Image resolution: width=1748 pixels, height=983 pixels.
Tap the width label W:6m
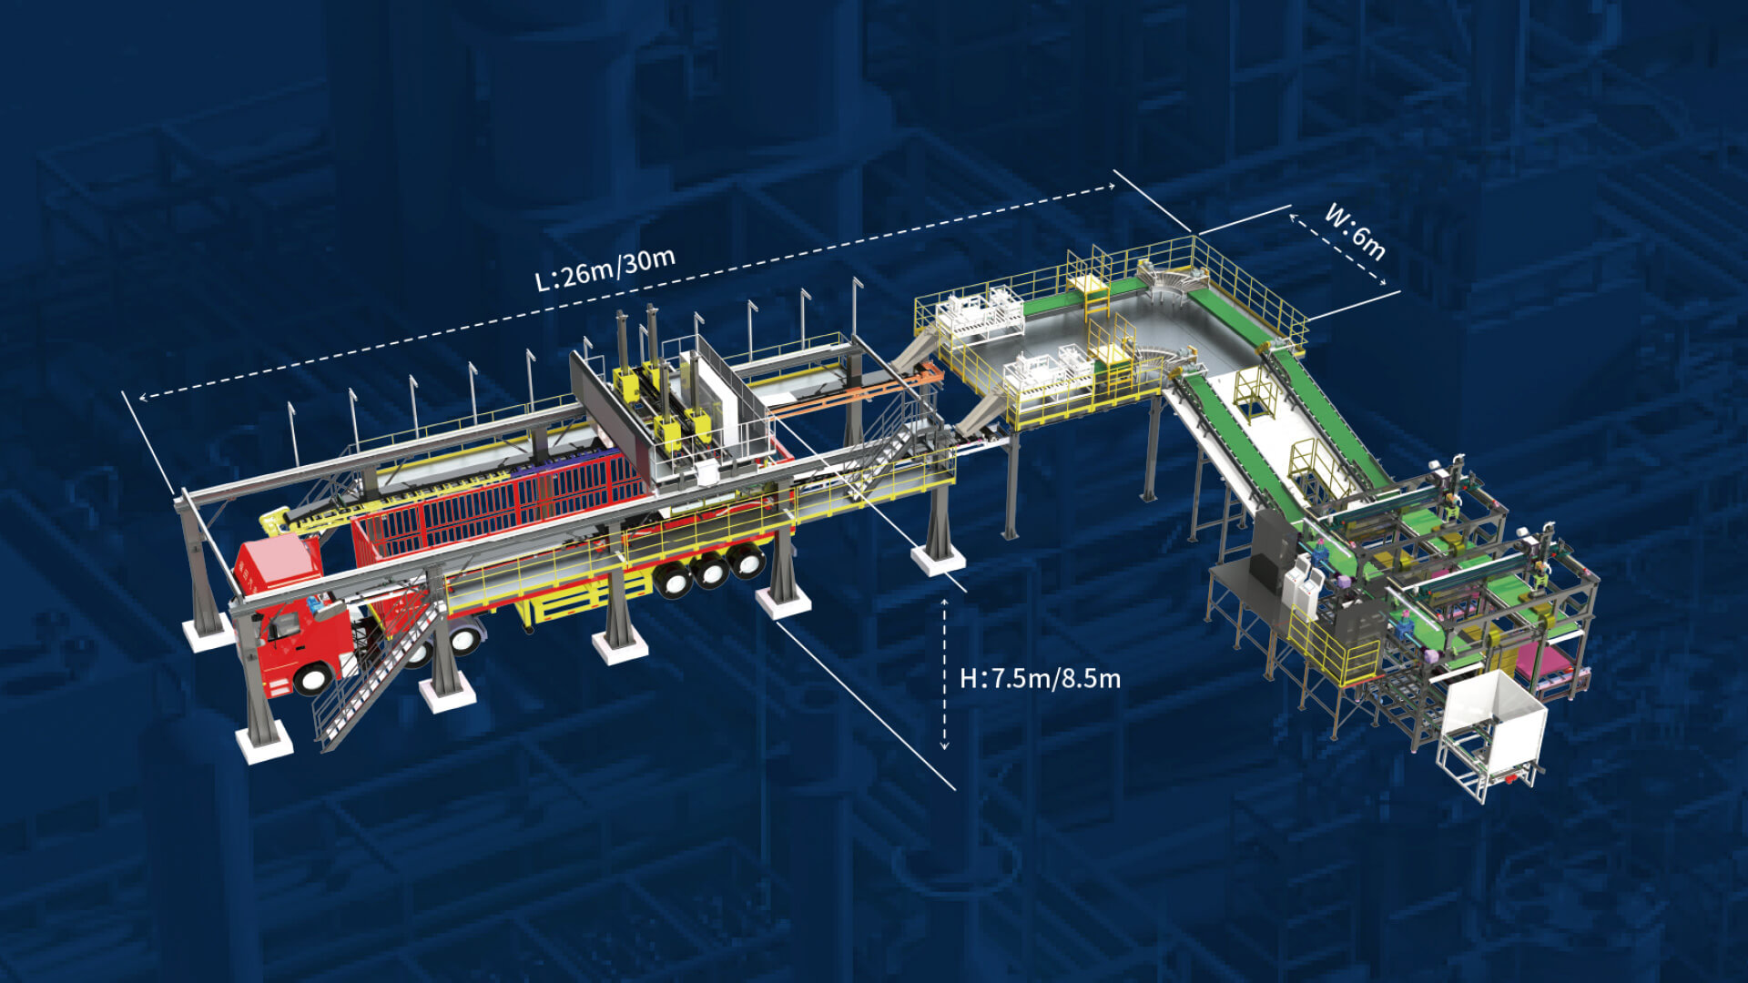[1355, 232]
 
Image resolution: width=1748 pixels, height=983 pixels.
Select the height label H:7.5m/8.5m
[1040, 678]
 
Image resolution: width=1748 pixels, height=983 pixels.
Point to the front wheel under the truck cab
[312, 677]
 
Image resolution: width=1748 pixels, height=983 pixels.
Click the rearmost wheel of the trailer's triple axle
[746, 560]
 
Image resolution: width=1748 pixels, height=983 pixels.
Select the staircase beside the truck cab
[378, 674]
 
